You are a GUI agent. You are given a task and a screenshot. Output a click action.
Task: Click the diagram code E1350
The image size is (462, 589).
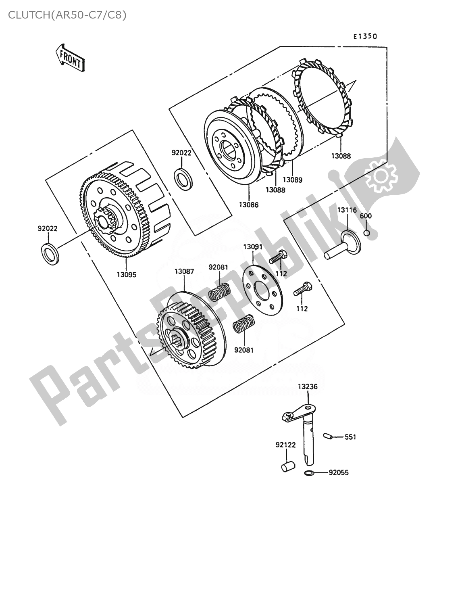click(365, 37)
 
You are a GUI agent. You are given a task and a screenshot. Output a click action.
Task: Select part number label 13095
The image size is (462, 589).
click(127, 274)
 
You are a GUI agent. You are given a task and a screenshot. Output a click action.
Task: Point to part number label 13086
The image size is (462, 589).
click(248, 205)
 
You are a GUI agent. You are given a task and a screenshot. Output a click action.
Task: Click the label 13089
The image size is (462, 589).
click(292, 180)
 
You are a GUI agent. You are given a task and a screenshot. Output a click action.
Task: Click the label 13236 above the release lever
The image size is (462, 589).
click(308, 386)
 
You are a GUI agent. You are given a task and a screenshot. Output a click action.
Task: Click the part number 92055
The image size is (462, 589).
click(338, 472)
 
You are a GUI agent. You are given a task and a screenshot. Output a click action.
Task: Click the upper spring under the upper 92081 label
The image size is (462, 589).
click(220, 292)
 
